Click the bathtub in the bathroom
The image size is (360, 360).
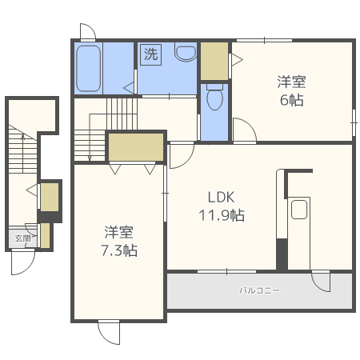[x=89, y=68]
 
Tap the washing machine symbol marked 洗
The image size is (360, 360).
[x=150, y=54]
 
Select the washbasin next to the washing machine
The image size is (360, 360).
[x=186, y=52]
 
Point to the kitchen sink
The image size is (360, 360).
[x=299, y=210]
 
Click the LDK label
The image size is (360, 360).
[x=221, y=198]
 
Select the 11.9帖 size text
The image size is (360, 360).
[x=222, y=215]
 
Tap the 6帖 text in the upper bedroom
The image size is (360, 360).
[x=291, y=100]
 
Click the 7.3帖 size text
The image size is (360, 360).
[x=119, y=250]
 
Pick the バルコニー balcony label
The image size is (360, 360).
[x=259, y=290]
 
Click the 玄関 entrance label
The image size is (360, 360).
[x=22, y=238]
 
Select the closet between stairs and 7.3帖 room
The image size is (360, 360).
[x=136, y=147]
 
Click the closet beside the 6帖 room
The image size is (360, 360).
[x=214, y=61]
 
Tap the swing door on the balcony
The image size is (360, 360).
[x=321, y=282]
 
